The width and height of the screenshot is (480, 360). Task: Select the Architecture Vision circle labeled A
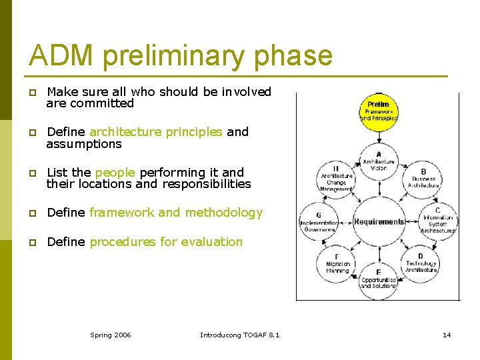(x=379, y=160)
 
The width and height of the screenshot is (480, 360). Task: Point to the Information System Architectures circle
(x=438, y=221)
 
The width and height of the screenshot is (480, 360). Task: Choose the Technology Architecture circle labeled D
(x=421, y=263)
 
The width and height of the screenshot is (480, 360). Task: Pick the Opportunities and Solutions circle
(x=379, y=279)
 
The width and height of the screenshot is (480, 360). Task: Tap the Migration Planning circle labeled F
(x=337, y=263)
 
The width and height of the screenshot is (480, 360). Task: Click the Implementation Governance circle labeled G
(x=319, y=221)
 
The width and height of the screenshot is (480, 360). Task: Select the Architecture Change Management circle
(x=336, y=178)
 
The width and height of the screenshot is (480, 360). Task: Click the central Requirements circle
(x=379, y=221)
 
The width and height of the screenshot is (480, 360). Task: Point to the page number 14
(x=447, y=335)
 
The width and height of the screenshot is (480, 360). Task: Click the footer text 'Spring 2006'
(x=111, y=335)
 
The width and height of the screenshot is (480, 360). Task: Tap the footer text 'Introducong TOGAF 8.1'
(x=240, y=335)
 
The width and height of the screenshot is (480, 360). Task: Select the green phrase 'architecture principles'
(x=155, y=132)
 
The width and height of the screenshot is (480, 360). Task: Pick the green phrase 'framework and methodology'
(x=176, y=213)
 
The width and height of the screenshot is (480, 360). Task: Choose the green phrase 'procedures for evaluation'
(x=166, y=242)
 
